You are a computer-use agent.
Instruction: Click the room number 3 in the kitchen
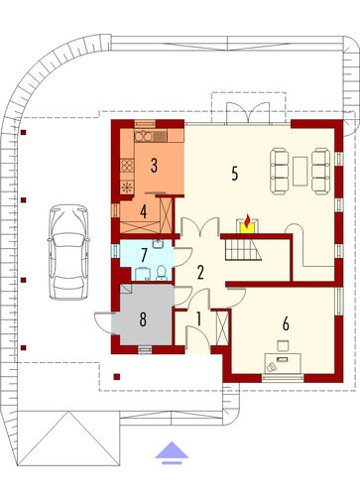(x=154, y=166)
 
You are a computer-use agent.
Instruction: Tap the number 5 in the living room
(x=235, y=173)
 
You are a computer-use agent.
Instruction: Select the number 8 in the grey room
(x=143, y=319)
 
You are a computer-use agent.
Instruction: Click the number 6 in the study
(x=286, y=323)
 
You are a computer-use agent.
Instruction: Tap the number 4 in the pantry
(x=143, y=211)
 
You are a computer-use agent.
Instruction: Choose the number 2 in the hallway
(x=200, y=273)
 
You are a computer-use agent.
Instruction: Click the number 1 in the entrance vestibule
(x=198, y=319)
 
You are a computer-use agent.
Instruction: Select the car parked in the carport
(x=68, y=252)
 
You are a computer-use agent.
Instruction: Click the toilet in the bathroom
(x=162, y=273)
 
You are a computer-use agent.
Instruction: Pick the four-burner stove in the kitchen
(x=127, y=166)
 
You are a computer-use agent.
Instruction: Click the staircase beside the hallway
(x=243, y=250)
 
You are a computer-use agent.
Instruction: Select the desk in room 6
(x=283, y=363)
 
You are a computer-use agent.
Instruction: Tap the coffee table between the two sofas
(x=300, y=171)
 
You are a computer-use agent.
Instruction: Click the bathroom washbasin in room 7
(x=158, y=244)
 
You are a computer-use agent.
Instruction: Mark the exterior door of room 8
(x=103, y=322)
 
